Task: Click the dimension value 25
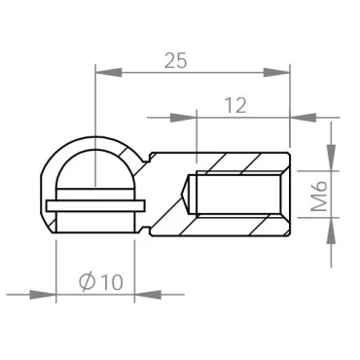click(175, 60)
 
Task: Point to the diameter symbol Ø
click(86, 282)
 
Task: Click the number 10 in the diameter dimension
click(111, 282)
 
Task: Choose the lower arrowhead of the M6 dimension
click(332, 233)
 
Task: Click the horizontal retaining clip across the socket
click(94, 205)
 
